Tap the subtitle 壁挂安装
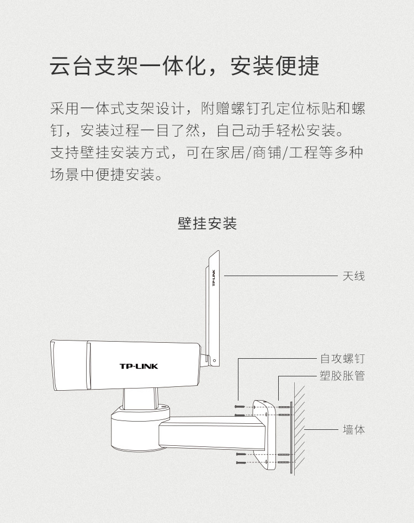pos(207,223)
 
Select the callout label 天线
pos(353,275)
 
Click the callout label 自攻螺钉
pos(342,359)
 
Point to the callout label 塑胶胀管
pos(342,377)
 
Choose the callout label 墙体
pos(353,429)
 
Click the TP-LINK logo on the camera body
pos(139,366)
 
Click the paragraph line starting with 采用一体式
pos(207,109)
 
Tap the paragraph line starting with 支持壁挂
pos(207,152)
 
